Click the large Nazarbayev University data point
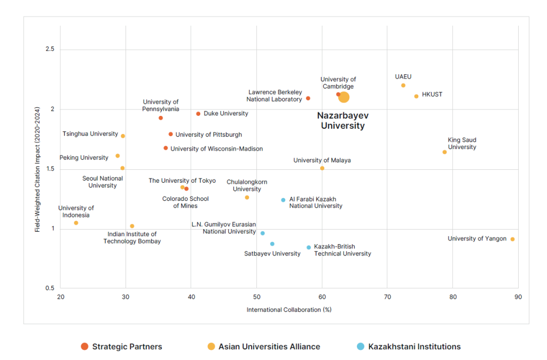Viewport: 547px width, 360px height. (344, 97)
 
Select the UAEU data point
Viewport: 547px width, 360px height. (403, 85)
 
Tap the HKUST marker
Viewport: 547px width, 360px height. (416, 96)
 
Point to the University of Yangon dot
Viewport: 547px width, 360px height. (512, 239)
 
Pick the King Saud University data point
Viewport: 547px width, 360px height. (444, 152)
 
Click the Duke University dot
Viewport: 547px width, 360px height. (198, 114)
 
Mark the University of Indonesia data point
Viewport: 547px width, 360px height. (76, 223)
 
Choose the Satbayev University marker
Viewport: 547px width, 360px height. (272, 244)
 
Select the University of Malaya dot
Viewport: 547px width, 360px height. (322, 168)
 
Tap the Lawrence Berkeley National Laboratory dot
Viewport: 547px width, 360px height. (308, 98)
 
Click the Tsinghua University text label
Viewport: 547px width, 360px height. (90, 134)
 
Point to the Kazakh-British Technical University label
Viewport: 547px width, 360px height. (342, 250)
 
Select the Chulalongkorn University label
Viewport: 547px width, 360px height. (247, 185)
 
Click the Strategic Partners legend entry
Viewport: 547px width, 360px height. (121, 347)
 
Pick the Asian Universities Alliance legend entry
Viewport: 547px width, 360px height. (264, 347)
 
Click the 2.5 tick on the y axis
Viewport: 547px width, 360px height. (50, 50)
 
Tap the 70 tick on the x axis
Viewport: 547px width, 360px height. (387, 296)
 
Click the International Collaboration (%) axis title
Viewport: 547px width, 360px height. (289, 310)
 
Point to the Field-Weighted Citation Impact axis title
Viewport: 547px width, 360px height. (37, 168)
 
